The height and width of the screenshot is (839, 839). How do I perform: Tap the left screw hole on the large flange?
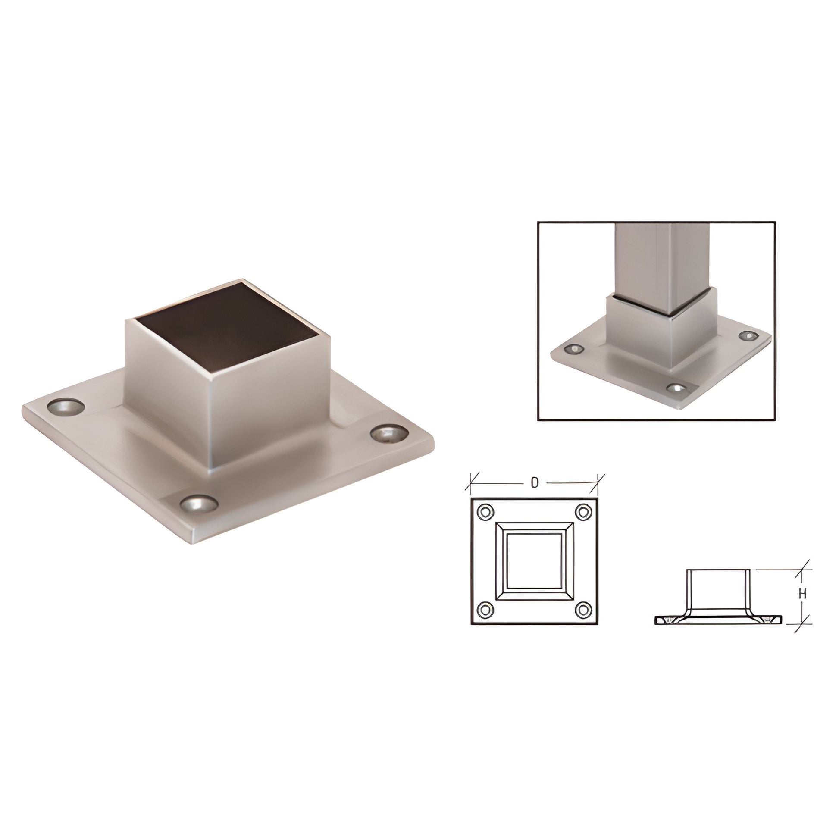point(66,406)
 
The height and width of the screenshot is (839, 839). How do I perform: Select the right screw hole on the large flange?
point(390,434)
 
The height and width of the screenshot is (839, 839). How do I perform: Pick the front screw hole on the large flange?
point(199,504)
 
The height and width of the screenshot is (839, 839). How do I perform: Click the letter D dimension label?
point(535,482)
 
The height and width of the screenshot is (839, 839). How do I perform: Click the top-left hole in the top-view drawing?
point(485,512)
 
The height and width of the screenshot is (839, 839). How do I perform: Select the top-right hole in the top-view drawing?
point(584,512)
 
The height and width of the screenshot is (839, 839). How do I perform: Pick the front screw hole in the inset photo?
point(676,388)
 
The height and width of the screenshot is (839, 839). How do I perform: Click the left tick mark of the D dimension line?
point(471,482)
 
